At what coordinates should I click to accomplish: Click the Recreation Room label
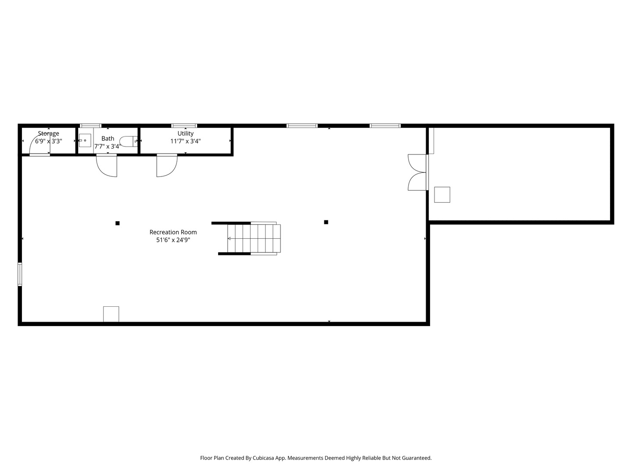(173, 232)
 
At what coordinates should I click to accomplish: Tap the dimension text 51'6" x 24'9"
(173, 240)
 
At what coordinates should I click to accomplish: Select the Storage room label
(48, 133)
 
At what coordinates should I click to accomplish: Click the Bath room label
(108, 138)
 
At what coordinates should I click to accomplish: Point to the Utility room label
(185, 133)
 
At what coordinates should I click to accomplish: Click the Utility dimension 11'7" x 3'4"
(185, 141)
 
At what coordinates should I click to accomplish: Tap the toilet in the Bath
(128, 141)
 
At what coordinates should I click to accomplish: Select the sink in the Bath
(85, 140)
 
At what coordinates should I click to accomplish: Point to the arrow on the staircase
(230, 238)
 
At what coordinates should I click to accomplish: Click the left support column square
(118, 223)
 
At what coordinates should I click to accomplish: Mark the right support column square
(326, 222)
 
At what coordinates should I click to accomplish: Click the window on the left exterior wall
(20, 274)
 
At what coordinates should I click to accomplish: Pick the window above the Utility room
(184, 126)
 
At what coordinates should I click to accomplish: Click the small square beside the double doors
(442, 194)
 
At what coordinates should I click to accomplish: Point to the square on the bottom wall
(111, 314)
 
